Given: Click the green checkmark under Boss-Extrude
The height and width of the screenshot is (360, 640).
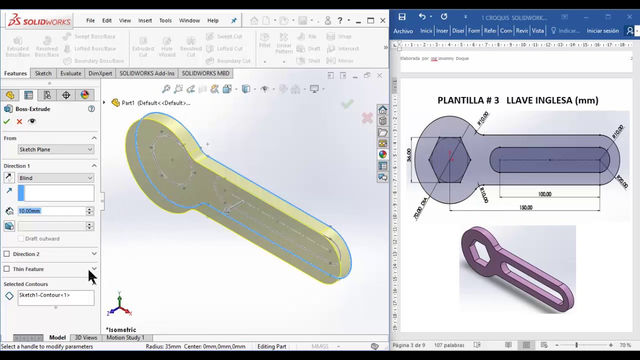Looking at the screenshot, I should pos(6,121).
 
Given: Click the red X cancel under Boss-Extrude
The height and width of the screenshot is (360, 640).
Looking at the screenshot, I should pos(19,121).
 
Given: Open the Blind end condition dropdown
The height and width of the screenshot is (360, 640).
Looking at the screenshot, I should pos(55,178).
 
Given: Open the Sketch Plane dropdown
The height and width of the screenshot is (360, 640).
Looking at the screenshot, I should pos(55,149).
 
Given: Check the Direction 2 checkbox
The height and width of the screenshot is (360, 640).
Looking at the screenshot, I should pos(7,254).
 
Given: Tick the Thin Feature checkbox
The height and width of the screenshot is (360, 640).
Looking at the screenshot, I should pos(7,269).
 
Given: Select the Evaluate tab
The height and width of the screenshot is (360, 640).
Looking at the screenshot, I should pos(70,73).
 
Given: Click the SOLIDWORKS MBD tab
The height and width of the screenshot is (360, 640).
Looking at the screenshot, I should pos(205,73).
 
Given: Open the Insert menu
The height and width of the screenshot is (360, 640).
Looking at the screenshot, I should pos(145,20).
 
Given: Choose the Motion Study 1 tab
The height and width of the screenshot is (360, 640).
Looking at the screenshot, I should pos(125,337).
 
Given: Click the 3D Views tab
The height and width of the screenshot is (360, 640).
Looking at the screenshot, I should pos(86,337).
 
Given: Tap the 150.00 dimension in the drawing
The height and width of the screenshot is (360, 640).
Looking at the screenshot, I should pos(525,207).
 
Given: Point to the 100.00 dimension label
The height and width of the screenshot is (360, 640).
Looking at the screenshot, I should pos(544,194).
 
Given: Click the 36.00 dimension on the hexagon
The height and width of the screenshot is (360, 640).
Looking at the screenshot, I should pos(409,155).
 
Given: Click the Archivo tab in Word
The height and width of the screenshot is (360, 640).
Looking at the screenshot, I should pos(403,31).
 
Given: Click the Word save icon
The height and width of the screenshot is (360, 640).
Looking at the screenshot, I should pos(402,17).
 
